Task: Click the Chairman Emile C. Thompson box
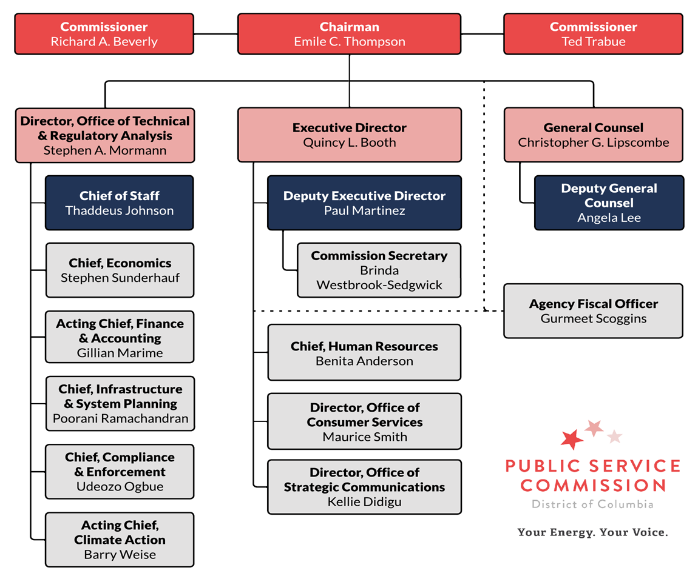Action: (x=349, y=34)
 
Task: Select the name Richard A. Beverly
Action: (x=104, y=42)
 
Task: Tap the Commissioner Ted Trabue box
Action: (x=593, y=34)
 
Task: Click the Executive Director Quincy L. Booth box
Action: (x=349, y=135)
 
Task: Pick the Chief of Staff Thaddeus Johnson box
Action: (x=120, y=203)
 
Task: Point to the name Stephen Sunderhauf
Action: (x=120, y=278)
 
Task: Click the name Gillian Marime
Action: (x=120, y=353)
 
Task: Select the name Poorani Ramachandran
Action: (x=120, y=418)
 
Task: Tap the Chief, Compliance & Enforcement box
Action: (x=120, y=472)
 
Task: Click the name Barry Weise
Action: (x=120, y=554)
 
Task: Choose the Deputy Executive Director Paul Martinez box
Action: (x=364, y=203)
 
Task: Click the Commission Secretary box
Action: (x=379, y=270)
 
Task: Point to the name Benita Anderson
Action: (x=364, y=361)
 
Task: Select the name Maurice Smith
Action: (x=365, y=437)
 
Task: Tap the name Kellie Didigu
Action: (x=364, y=501)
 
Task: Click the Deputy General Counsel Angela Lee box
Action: (x=609, y=203)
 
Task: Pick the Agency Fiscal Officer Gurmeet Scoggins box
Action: (x=593, y=311)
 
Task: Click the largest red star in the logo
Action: (x=572, y=439)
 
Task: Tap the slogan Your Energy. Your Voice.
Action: (x=592, y=532)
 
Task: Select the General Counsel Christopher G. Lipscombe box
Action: (x=593, y=135)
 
